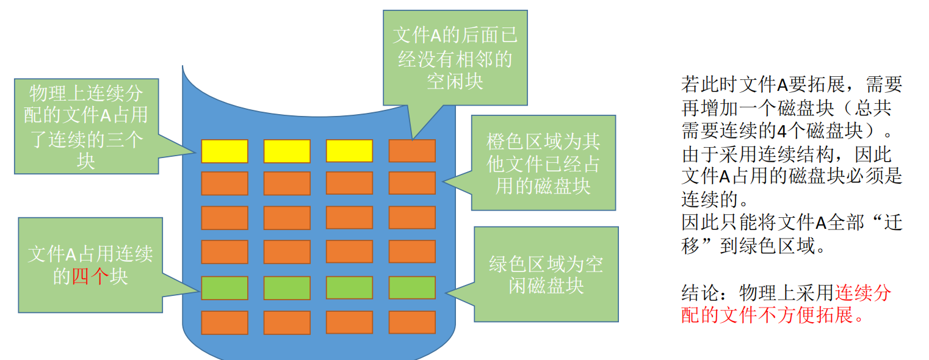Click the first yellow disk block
click(x=225, y=151)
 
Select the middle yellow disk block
click(x=287, y=151)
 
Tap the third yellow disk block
click(x=349, y=151)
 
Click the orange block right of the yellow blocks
click(x=412, y=151)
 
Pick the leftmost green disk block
click(x=225, y=288)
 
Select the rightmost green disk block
click(x=412, y=288)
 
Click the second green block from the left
click(x=287, y=288)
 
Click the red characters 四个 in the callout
click(x=90, y=276)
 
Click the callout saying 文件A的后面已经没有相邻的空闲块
click(x=455, y=58)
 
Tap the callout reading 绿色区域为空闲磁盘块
click(x=546, y=274)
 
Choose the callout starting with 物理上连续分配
click(x=86, y=126)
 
